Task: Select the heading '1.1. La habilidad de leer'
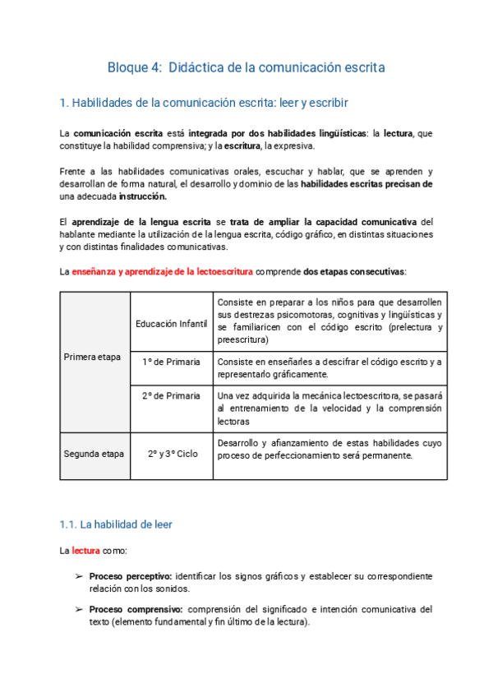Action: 116,524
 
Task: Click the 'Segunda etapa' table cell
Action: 94,453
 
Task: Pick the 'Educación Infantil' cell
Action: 171,323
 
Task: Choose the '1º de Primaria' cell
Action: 171,362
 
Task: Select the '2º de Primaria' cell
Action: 171,395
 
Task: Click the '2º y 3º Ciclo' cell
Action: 171,453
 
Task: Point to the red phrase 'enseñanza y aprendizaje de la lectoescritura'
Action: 163,272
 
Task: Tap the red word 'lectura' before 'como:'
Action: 85,551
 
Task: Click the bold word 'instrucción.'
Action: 142,196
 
